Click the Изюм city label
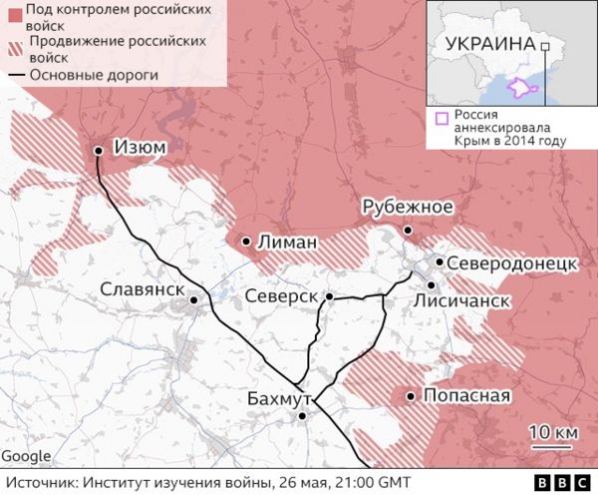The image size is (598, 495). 140,148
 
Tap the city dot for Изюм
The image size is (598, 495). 98,151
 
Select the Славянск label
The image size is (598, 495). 143,289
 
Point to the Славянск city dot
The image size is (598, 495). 194,297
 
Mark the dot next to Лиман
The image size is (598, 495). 245,241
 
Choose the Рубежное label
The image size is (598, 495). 408,207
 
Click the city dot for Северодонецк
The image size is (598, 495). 439,261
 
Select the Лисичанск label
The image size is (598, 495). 461,299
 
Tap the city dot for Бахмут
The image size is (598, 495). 302,416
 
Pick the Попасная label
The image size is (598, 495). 466,395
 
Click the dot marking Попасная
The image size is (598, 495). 410,396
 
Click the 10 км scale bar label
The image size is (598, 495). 552,431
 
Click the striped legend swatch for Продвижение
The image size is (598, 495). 14,49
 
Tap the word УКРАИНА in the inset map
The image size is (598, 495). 489,44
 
